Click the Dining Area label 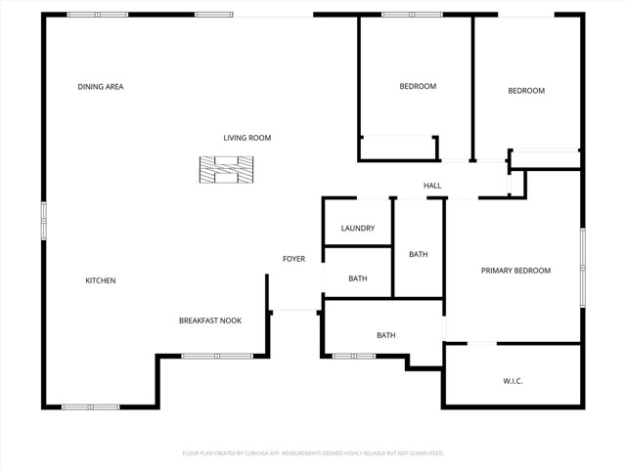(x=101, y=87)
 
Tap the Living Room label (x=246, y=138)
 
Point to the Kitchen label (x=101, y=280)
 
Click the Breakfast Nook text (x=209, y=320)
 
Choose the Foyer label (x=293, y=259)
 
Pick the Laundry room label (x=358, y=229)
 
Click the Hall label (x=432, y=186)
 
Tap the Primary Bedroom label (x=515, y=271)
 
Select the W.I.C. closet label (x=513, y=381)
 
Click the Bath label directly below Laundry (x=358, y=278)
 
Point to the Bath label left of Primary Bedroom (x=419, y=255)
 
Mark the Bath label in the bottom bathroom (x=386, y=335)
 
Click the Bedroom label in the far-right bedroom (x=526, y=91)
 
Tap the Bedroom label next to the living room (x=418, y=86)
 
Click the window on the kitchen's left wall (x=43, y=221)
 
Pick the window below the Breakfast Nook (x=218, y=356)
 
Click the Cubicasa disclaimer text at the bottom (x=313, y=453)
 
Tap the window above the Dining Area (x=97, y=15)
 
